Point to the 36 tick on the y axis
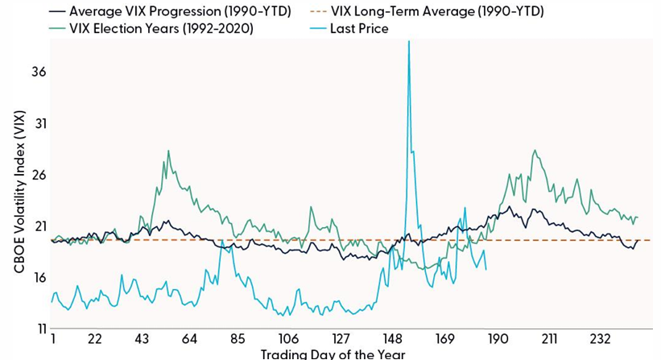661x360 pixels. [38, 72]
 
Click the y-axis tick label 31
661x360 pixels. [38, 124]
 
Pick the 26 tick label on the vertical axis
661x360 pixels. [38, 176]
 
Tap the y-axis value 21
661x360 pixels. [38, 227]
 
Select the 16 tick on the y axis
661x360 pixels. [38, 278]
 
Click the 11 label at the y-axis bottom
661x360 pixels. [38, 329]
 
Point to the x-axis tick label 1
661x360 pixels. [52, 339]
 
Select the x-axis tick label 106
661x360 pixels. [288, 339]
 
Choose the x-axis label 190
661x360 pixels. [498, 339]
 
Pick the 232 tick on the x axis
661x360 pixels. [602, 339]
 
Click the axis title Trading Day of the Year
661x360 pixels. [333, 354]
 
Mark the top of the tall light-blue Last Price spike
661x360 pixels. [409, 42]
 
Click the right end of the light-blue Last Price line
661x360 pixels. [485, 269]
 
